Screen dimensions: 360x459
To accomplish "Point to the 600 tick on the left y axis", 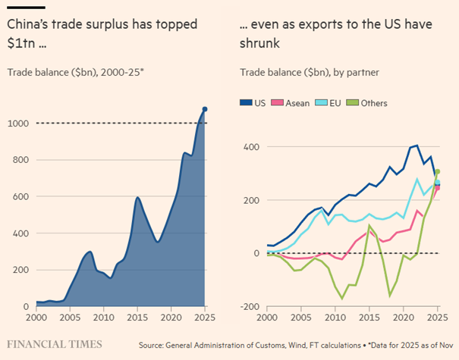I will (20, 196).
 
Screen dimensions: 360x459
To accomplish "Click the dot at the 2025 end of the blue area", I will (205, 109).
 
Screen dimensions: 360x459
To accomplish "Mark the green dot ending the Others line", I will (438, 172).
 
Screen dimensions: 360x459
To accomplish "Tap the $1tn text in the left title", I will (22, 45).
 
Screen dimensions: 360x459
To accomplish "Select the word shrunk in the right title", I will (260, 45).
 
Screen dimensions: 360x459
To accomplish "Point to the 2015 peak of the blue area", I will (137, 197).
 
